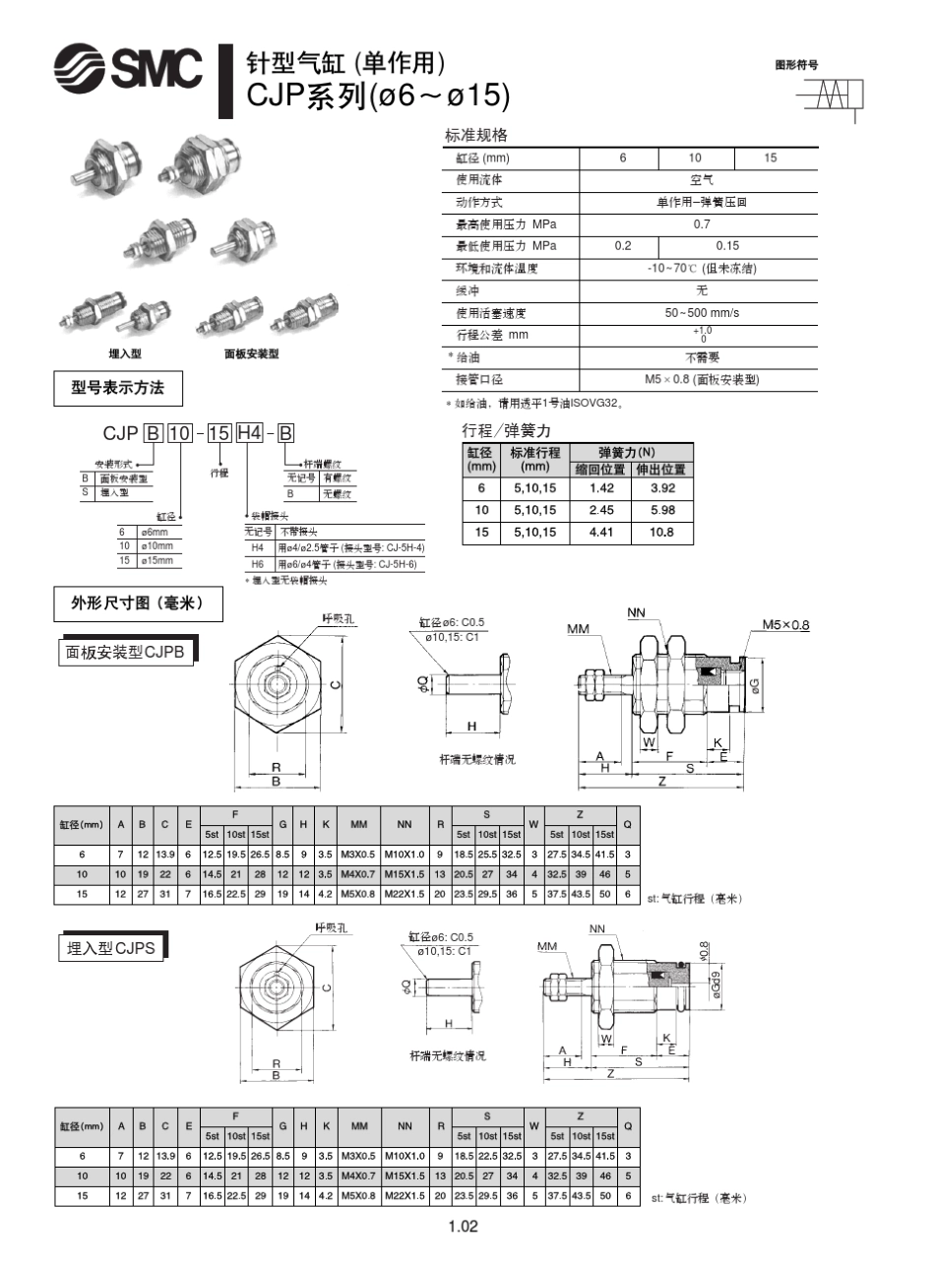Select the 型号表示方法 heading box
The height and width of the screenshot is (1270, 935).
click(117, 388)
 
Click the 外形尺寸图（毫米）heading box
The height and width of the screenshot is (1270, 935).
click(136, 603)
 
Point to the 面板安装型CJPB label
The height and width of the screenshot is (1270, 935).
click(125, 652)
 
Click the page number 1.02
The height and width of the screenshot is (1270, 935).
click(463, 1227)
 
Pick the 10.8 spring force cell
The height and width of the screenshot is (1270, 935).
click(662, 533)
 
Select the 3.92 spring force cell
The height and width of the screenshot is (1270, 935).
click(662, 488)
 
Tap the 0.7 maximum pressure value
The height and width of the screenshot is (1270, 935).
click(701, 224)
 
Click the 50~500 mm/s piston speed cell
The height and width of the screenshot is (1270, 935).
click(701, 313)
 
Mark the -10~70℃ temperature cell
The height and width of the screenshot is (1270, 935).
click(701, 269)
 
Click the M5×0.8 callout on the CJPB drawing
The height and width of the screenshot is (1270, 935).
click(785, 625)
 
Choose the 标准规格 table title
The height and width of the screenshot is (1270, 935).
click(476, 136)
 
